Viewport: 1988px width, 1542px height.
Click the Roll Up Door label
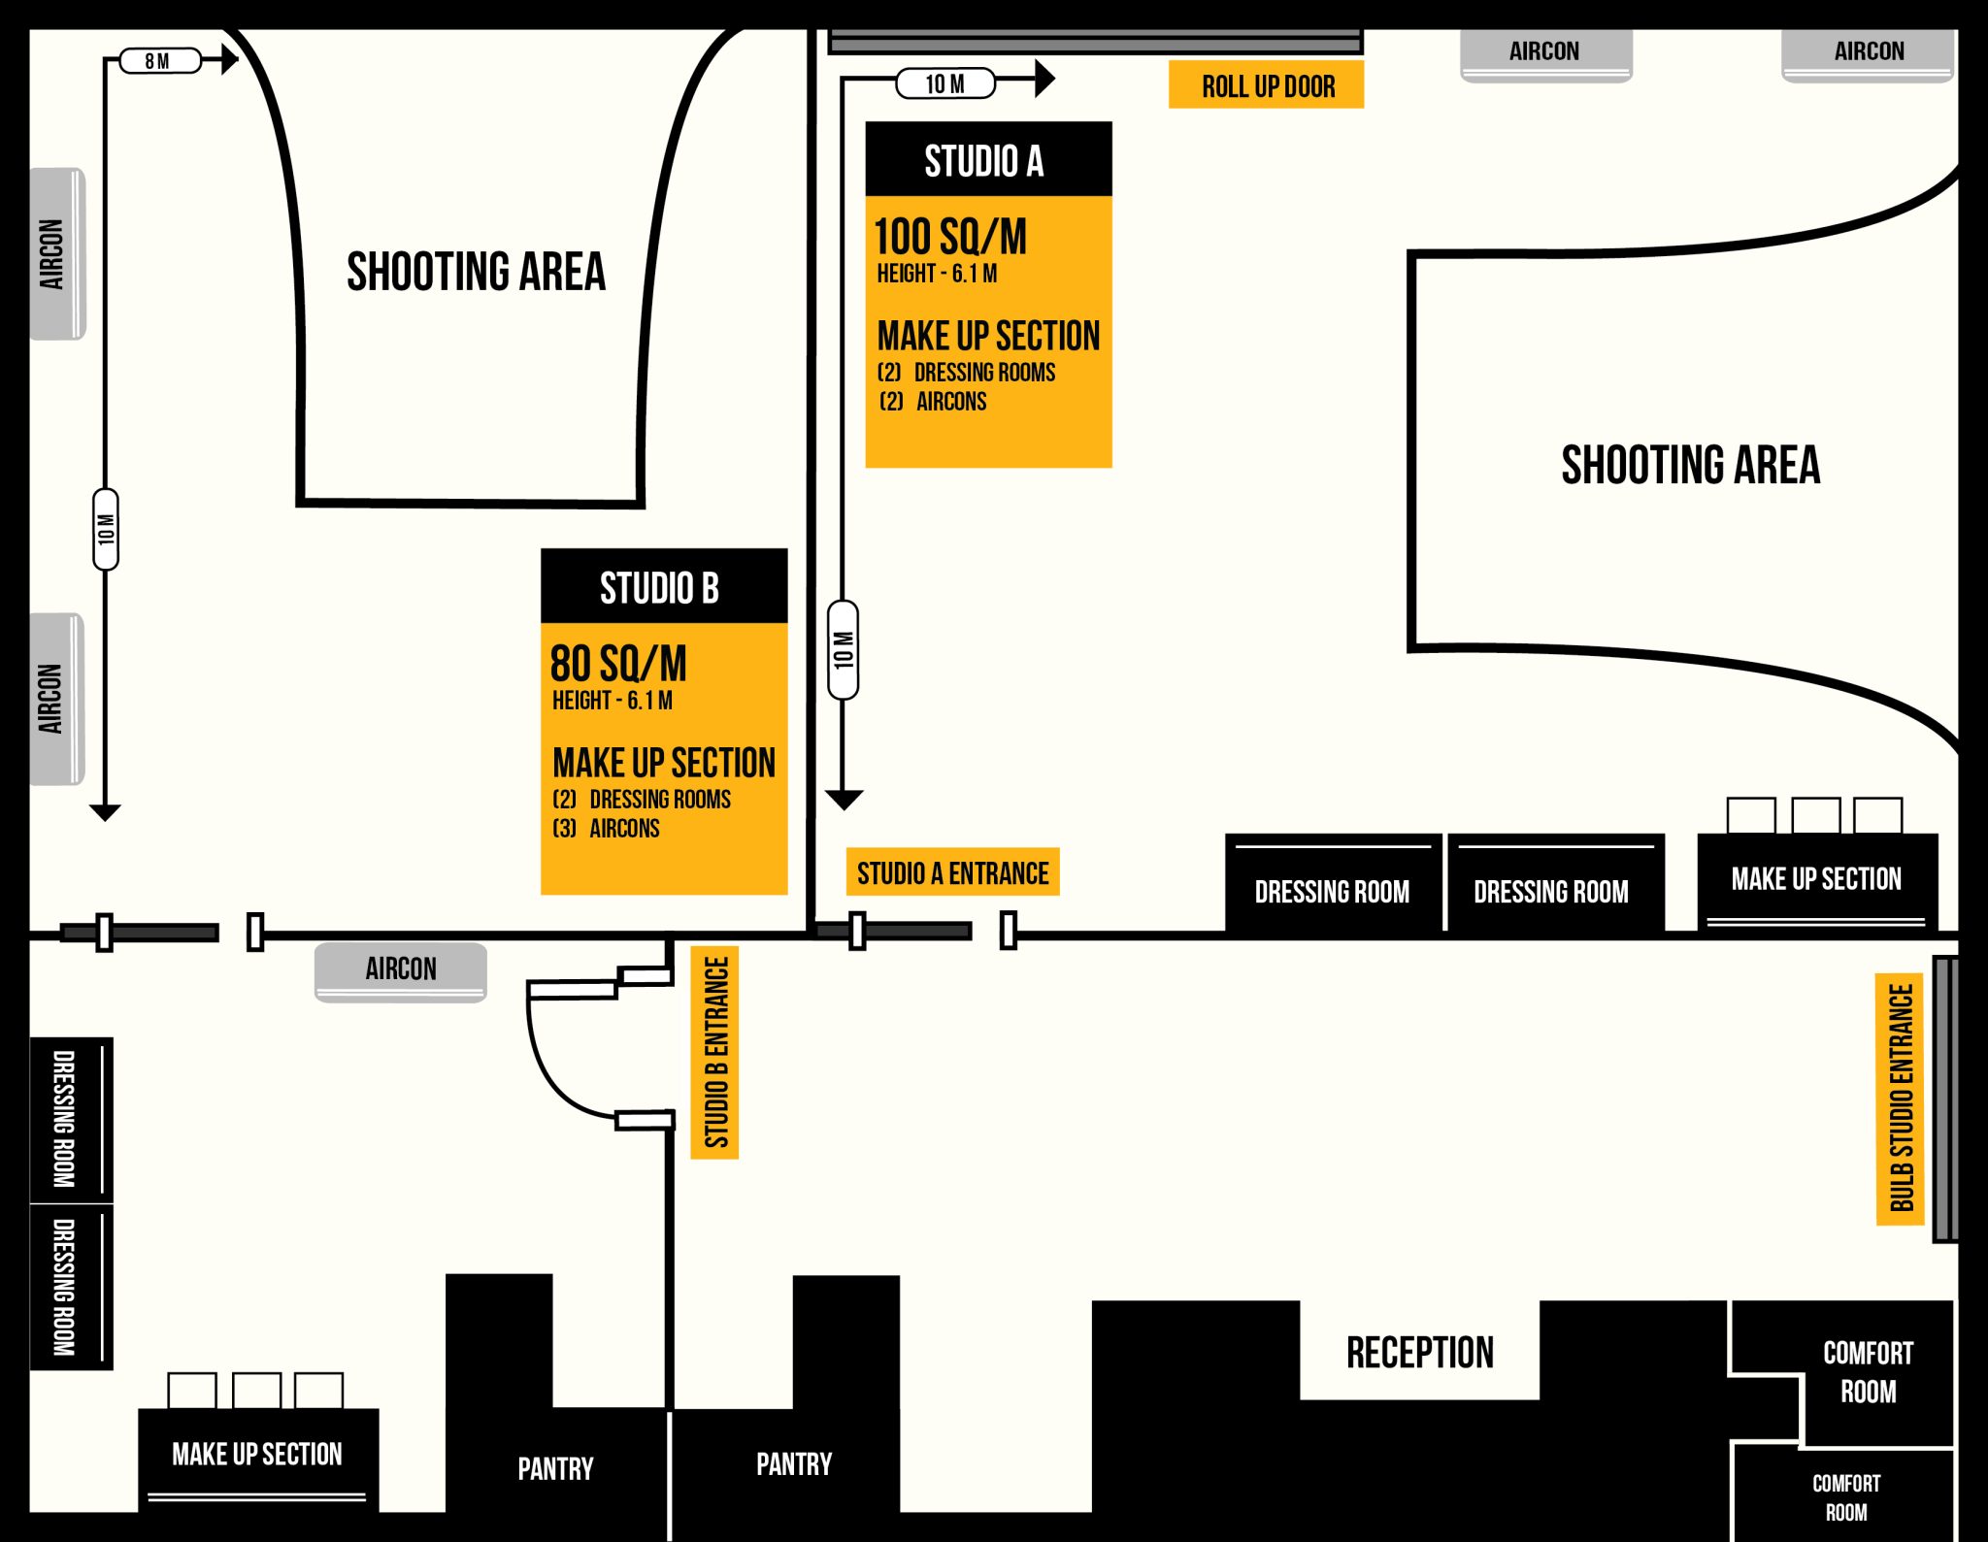click(1266, 85)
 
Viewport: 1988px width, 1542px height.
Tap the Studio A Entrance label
click(952, 872)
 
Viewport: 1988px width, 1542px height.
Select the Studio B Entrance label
click(715, 1052)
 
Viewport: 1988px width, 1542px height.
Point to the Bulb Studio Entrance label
click(1900, 1099)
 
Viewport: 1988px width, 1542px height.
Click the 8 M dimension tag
click(159, 61)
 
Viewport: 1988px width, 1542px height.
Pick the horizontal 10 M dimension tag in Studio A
click(944, 83)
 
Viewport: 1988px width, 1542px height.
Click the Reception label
click(1419, 1352)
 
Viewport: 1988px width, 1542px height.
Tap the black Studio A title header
click(987, 159)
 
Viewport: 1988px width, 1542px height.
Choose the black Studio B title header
click(663, 587)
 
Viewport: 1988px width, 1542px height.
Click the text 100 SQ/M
click(950, 236)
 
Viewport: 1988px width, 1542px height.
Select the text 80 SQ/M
click(618, 664)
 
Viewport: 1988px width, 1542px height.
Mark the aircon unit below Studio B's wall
click(400, 970)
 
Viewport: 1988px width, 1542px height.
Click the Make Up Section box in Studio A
click(1816, 879)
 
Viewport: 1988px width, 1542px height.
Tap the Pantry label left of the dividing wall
click(555, 1467)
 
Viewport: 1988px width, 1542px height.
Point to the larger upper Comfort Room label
click(1867, 1371)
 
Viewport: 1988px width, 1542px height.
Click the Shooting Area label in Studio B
click(476, 271)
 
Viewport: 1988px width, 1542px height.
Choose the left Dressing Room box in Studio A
click(1332, 889)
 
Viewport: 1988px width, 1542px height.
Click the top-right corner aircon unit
click(1868, 53)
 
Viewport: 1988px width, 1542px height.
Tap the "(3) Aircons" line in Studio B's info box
click(608, 829)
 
